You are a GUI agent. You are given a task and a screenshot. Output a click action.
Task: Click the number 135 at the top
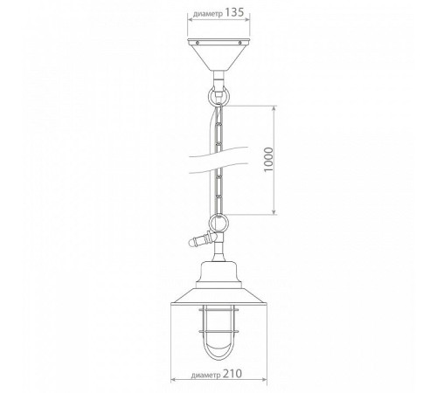(234, 12)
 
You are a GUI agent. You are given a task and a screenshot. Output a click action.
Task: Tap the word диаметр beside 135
(208, 14)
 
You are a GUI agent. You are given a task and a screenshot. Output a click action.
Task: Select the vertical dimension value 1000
(268, 160)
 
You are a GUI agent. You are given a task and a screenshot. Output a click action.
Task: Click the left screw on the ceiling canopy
(198, 43)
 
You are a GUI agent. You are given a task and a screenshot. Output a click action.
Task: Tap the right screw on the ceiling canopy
(239, 43)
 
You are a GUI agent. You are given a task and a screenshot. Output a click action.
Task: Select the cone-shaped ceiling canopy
(218, 54)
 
